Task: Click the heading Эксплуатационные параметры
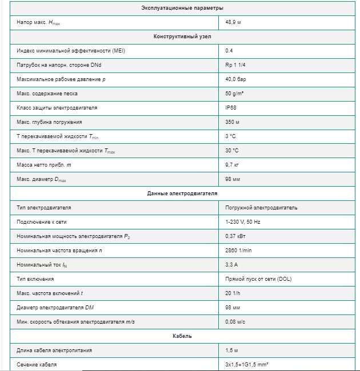pos(182,8)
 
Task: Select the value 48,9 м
pos(233,22)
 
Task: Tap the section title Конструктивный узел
pos(182,37)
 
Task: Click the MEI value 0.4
pos(229,51)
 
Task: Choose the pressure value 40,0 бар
pos(237,79)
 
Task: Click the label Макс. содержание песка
pos(47,94)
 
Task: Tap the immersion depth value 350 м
pos(233,122)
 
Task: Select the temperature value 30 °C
pos(232,151)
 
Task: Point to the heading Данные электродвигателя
pos(182,193)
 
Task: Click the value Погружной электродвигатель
pos(261,208)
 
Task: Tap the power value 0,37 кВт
pos(237,236)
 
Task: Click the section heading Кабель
pos(182,336)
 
